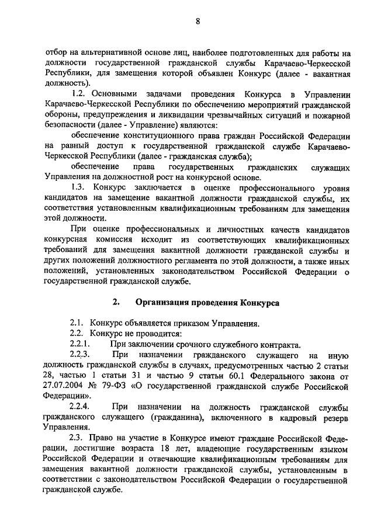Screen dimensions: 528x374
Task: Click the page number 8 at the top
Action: (x=198, y=22)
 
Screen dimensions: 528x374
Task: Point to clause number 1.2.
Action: (x=77, y=94)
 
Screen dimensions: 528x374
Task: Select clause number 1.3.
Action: (x=77, y=187)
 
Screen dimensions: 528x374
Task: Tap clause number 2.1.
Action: (x=76, y=323)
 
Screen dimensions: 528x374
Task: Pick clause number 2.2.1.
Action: (x=79, y=344)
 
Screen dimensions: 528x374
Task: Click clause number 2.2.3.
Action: (x=79, y=355)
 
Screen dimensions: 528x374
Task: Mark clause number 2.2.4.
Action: (x=79, y=407)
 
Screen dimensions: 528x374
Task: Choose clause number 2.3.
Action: (x=76, y=438)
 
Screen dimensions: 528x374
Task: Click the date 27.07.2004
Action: (x=64, y=386)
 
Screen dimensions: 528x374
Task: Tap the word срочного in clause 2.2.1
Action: (x=179, y=344)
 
